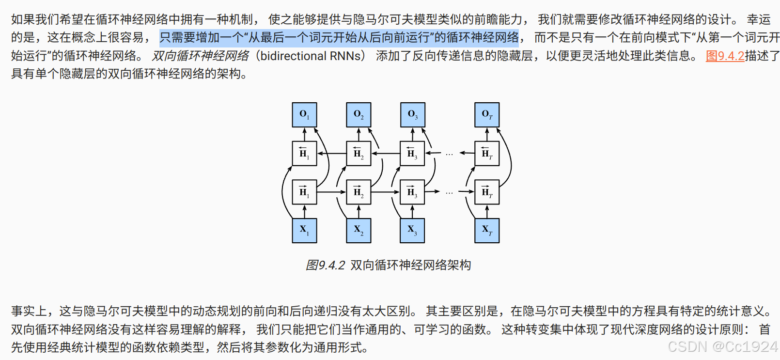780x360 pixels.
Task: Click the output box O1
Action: (x=304, y=115)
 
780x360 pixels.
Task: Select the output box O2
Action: (x=359, y=115)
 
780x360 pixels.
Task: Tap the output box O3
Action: (x=413, y=115)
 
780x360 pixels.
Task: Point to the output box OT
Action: (x=487, y=115)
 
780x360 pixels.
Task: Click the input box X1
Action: (x=304, y=230)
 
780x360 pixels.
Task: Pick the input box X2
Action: (x=359, y=230)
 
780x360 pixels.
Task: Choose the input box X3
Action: (x=413, y=230)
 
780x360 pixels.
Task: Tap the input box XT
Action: (x=487, y=230)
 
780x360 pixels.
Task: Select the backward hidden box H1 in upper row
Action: (x=304, y=154)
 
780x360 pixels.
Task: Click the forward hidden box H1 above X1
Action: (x=304, y=192)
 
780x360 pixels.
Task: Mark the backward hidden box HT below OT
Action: (x=487, y=154)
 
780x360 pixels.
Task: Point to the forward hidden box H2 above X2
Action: (x=359, y=192)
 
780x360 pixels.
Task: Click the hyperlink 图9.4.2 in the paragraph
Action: (x=725, y=56)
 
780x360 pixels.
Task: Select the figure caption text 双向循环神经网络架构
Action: (x=410, y=265)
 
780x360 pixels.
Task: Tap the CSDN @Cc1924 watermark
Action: (x=722, y=346)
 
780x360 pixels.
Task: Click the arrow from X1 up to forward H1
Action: (x=304, y=211)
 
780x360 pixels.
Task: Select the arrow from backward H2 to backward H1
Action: (x=331, y=154)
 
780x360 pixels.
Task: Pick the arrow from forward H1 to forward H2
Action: (x=331, y=192)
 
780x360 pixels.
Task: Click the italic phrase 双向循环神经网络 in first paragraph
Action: (x=201, y=56)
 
